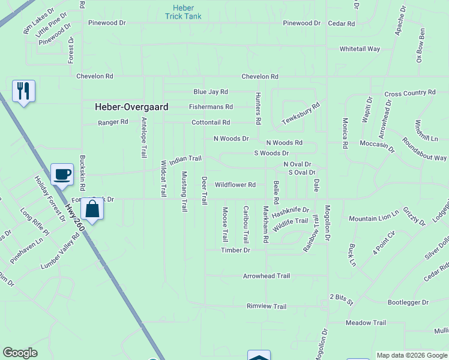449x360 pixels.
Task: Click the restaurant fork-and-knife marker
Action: (x=23, y=91)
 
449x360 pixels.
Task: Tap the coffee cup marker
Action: (x=62, y=175)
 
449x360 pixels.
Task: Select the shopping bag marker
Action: (x=92, y=209)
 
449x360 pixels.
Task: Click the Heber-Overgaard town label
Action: (x=131, y=107)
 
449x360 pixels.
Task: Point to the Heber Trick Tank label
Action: (x=183, y=12)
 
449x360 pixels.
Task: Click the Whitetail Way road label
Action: (x=360, y=49)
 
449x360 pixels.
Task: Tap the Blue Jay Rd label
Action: (x=210, y=92)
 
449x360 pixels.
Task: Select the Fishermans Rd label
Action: (x=210, y=107)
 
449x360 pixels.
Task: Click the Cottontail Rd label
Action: (x=210, y=122)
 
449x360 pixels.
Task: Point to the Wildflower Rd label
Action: (x=235, y=185)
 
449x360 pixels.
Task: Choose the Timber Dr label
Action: (x=235, y=250)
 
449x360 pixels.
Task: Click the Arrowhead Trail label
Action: (x=266, y=276)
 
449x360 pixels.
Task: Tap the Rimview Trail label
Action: (x=267, y=306)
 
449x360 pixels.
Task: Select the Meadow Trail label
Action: (x=366, y=323)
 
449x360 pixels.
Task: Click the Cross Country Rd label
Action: (x=409, y=93)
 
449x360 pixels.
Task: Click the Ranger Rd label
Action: (x=113, y=122)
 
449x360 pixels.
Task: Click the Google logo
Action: (x=20, y=353)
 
